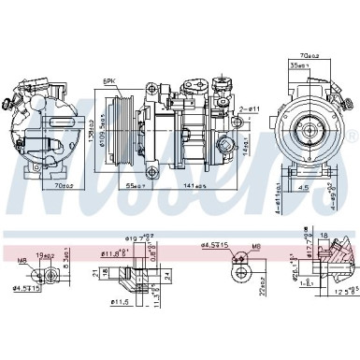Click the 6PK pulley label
pyautogui.click(x=111, y=81)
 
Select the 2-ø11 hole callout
pyautogui.click(x=247, y=110)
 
